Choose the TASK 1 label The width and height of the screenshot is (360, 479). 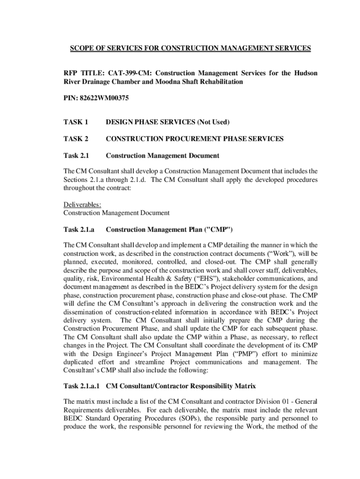pos(76,123)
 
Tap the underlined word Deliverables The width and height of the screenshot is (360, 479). pos(82,204)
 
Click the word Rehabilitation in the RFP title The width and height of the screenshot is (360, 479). pos(216,81)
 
